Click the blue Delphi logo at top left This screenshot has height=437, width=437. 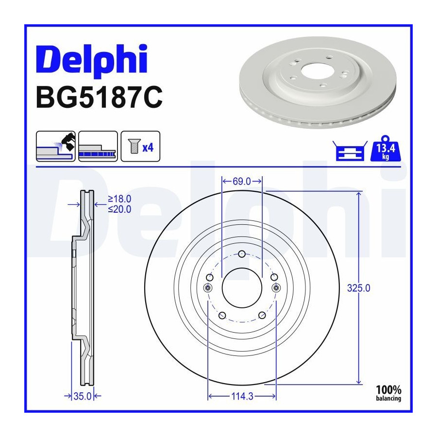[x=91, y=60]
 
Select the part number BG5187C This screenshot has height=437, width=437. [x=99, y=97]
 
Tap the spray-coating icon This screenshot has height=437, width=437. [x=56, y=146]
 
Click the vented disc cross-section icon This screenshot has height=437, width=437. [x=98, y=146]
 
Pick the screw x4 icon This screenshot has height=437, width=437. [x=140, y=146]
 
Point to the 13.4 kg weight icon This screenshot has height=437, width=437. [x=385, y=149]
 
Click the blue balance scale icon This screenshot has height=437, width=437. [x=350, y=151]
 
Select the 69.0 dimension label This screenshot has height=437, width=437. [x=242, y=182]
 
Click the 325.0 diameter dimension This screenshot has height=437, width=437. [x=359, y=288]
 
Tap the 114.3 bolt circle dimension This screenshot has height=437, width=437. [x=242, y=396]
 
